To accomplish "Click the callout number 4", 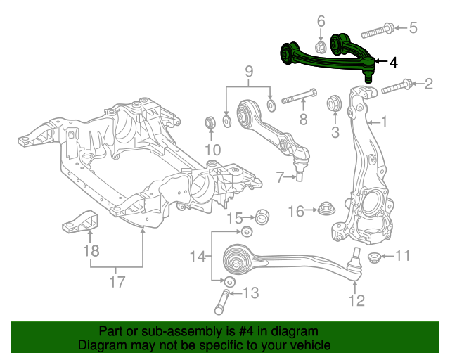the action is coord(392,63).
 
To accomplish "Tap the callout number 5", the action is coord(413,28).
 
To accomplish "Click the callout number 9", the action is coord(248,72).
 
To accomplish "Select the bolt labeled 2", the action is coord(397,88).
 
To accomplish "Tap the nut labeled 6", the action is coord(319,47).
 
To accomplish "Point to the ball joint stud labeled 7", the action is coord(300,173).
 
